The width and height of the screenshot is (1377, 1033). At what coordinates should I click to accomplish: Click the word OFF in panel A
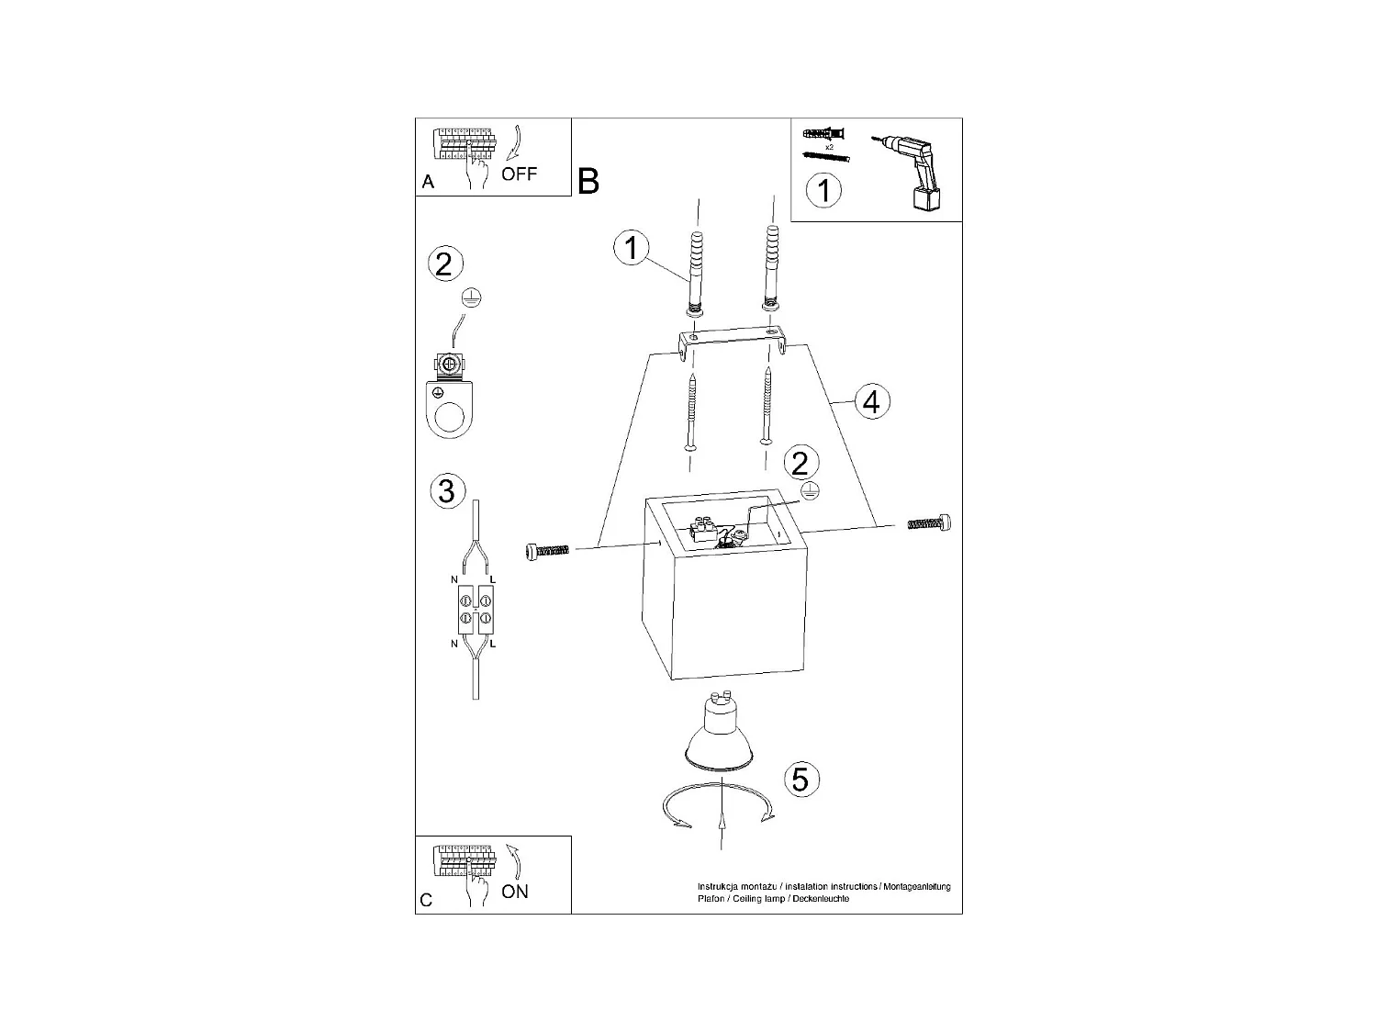(x=519, y=174)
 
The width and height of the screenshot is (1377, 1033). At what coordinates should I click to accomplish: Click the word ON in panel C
(x=515, y=892)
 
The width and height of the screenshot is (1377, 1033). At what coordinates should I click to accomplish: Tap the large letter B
(x=588, y=181)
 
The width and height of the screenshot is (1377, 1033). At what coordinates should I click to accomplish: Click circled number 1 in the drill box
(x=823, y=191)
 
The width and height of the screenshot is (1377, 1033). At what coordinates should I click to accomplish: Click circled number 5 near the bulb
(x=800, y=779)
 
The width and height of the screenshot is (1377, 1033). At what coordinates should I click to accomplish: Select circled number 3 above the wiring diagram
(x=446, y=490)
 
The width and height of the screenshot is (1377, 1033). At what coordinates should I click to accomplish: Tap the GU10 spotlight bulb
(x=721, y=731)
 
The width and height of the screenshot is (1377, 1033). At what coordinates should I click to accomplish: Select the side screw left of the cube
(x=547, y=549)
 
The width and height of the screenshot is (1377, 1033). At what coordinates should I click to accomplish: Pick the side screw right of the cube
(x=929, y=523)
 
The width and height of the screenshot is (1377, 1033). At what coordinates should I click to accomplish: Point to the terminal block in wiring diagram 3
(x=476, y=610)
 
